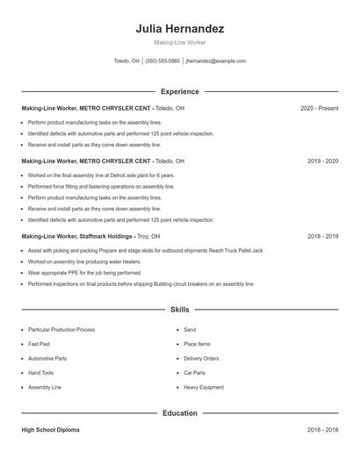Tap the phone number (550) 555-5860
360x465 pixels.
pos(162,61)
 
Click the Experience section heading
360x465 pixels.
pos(180,91)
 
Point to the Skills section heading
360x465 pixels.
pos(180,310)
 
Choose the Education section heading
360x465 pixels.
pos(180,412)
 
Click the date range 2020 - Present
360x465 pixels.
pos(319,108)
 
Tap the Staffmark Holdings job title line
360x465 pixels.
pos(90,237)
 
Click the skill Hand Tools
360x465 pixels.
pos(41,372)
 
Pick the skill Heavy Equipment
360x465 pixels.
pos(203,387)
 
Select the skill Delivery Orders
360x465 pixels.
pos(201,358)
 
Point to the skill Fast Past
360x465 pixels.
pos(39,344)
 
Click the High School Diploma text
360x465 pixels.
pos(52,431)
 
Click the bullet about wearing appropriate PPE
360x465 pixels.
pos(72,273)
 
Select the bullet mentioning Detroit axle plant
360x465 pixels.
pos(88,175)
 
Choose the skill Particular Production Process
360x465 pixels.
pos(61,330)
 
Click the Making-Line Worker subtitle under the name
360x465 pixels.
pos(180,42)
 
